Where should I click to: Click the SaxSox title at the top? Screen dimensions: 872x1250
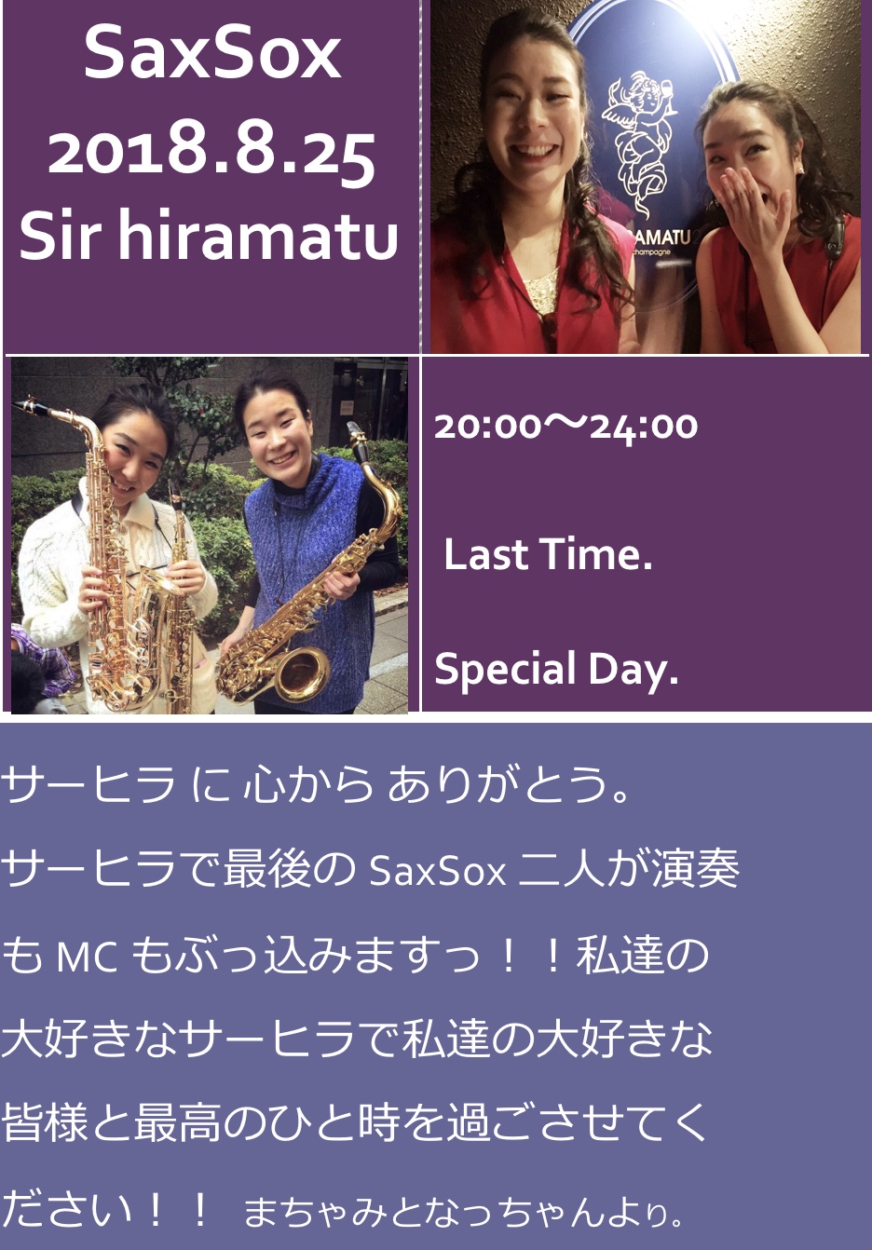pyautogui.click(x=212, y=53)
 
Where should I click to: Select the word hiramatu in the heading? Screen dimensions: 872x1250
pyautogui.click(x=258, y=235)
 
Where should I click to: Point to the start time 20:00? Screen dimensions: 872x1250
pyautogui.click(x=487, y=427)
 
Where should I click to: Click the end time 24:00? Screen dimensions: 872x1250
pyautogui.click(x=644, y=428)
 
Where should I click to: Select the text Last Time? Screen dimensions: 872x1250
pyautogui.click(x=548, y=554)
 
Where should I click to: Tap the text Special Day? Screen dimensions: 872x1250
pyautogui.click(x=556, y=669)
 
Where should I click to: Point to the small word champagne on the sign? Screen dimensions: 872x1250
pyautogui.click(x=651, y=252)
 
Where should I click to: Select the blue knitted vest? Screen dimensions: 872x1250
pyautogui.click(x=310, y=580)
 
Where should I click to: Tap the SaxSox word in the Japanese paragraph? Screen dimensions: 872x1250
pyautogui.click(x=438, y=871)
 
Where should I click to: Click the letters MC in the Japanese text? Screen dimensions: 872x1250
pyautogui.click(x=87, y=957)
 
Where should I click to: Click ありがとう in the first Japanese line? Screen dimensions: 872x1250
pyautogui.click(x=508, y=784)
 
